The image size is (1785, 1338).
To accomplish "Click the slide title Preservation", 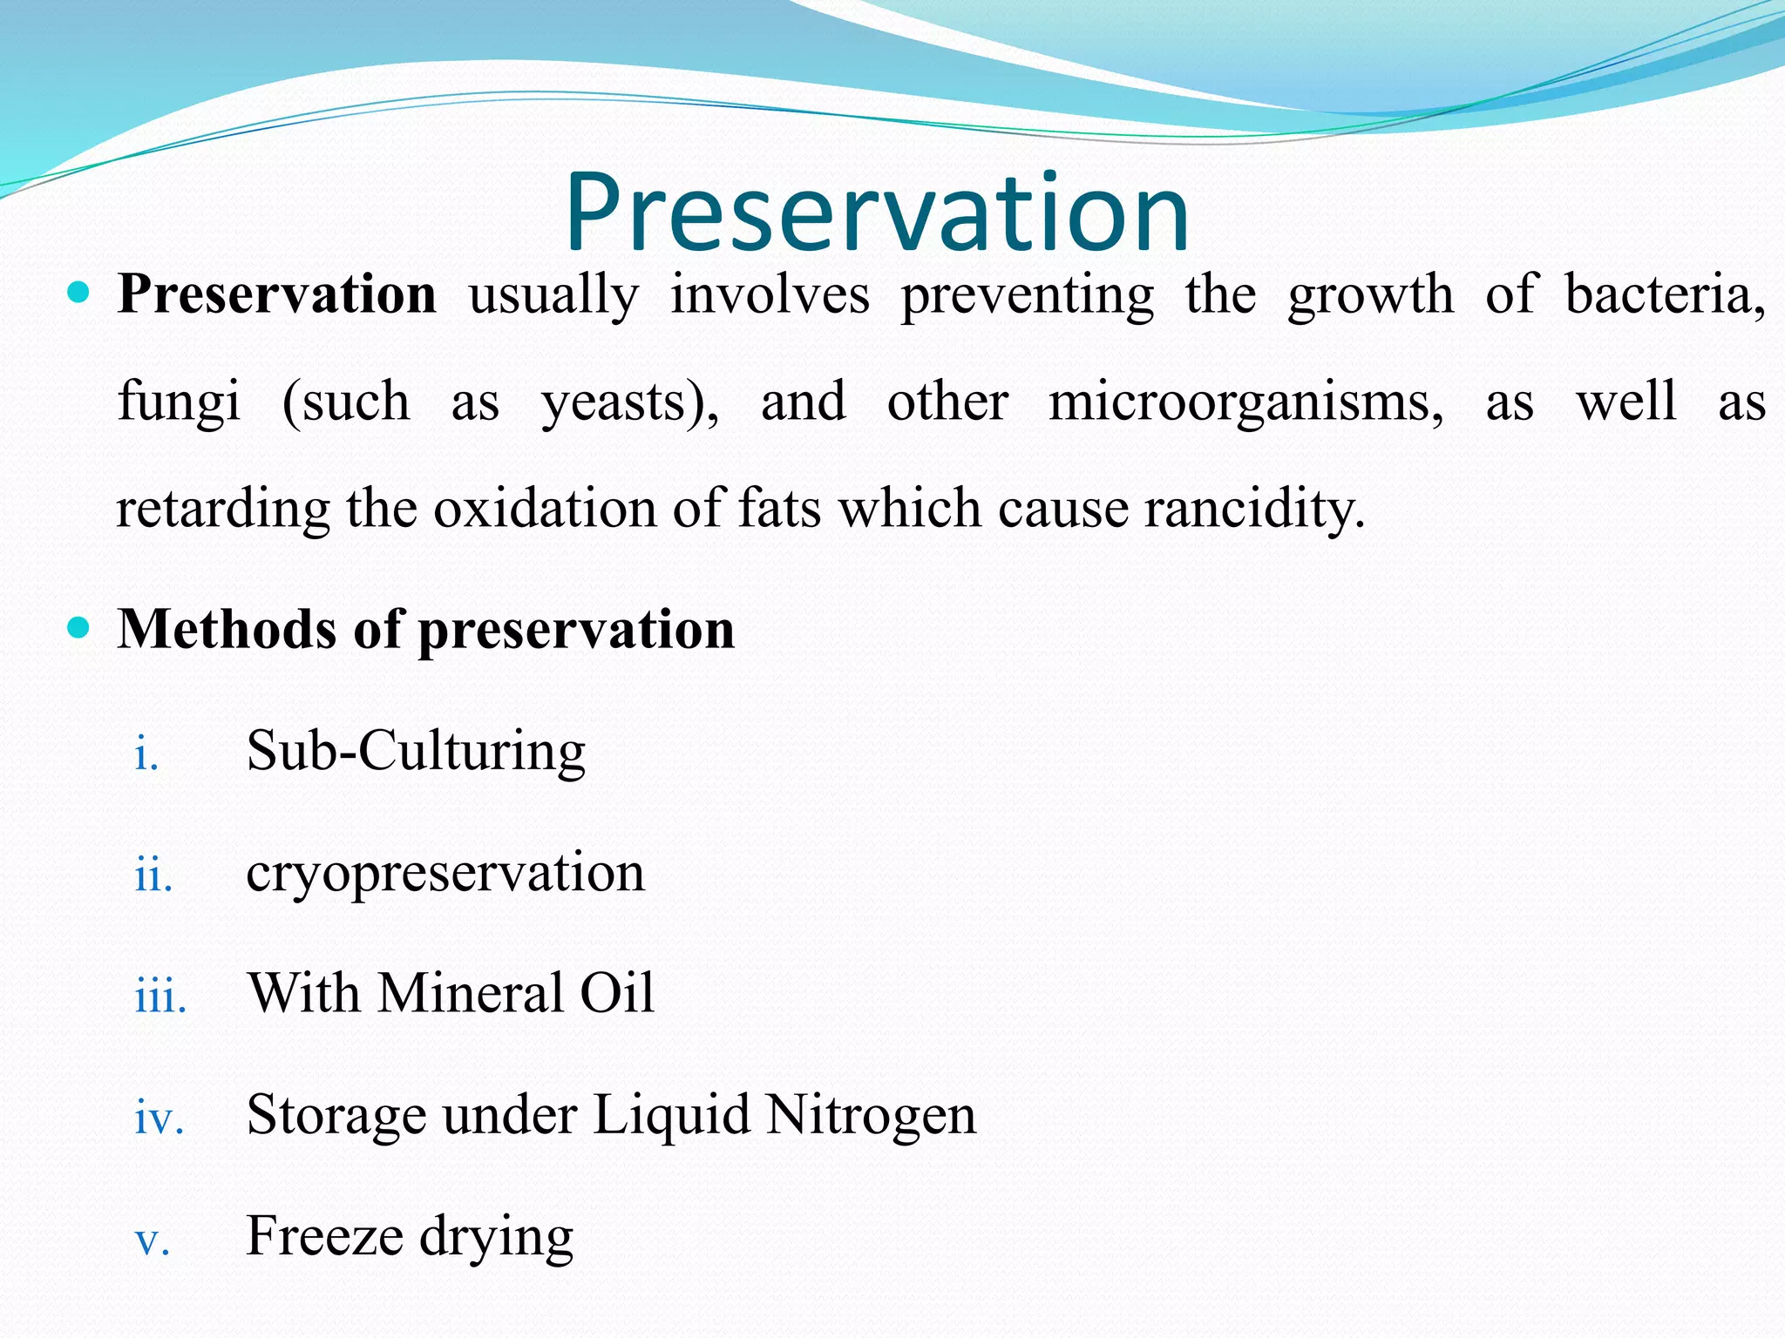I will [x=877, y=213].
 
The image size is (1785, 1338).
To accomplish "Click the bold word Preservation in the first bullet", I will [x=277, y=294].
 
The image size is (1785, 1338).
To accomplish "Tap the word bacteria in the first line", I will [x=1665, y=294].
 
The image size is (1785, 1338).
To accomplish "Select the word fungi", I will [x=179, y=402].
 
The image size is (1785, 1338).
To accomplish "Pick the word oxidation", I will [x=545, y=509].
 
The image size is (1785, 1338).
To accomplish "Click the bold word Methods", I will [x=226, y=629].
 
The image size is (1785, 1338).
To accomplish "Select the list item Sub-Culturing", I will [x=416, y=751].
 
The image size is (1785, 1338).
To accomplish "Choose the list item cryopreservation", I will [x=445, y=872].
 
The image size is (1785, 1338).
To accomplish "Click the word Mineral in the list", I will [x=470, y=993].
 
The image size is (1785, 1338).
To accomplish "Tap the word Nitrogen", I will [x=871, y=1114].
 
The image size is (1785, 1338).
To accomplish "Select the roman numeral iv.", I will [x=159, y=1117].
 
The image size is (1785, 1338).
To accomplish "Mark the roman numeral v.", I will [x=152, y=1240].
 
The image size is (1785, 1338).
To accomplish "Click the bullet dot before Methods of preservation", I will [x=78, y=627].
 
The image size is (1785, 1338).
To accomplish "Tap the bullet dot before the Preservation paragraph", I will [x=78, y=293].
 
